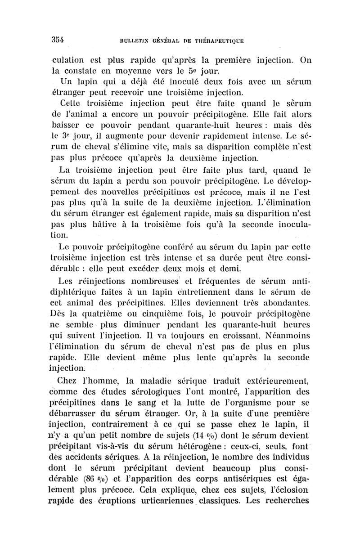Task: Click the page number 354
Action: tap(55, 39)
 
